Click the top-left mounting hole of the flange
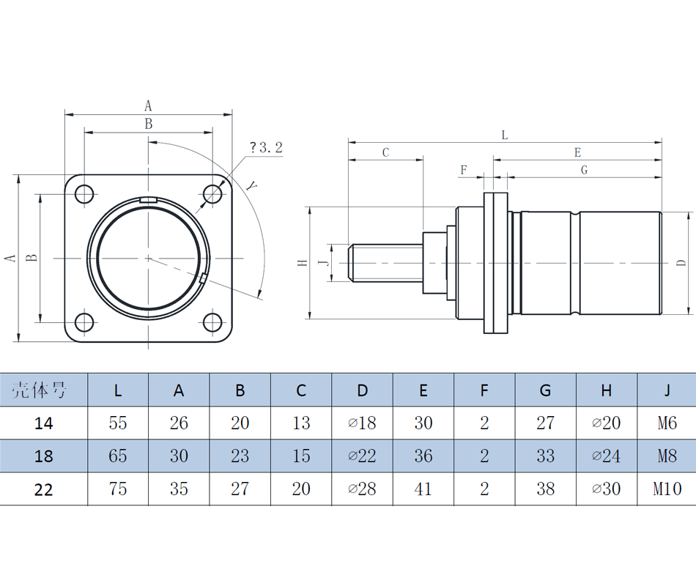[x=85, y=194]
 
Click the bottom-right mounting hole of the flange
[x=212, y=322]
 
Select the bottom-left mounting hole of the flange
[x=85, y=322]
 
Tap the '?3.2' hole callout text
[x=264, y=148]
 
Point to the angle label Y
[x=252, y=185]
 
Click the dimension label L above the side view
[x=504, y=135]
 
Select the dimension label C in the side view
[x=386, y=152]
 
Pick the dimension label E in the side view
[x=577, y=152]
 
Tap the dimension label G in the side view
[x=584, y=170]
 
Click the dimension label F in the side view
[x=463, y=170]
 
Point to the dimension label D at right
[x=681, y=262]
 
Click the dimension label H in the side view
[x=302, y=262]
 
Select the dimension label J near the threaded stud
[x=323, y=262]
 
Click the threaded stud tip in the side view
[x=352, y=262]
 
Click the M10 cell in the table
[x=667, y=489]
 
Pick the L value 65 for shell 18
[x=118, y=456]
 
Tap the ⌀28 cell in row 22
[x=362, y=489]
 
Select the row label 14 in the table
[x=44, y=423]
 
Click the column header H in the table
[x=606, y=390]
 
